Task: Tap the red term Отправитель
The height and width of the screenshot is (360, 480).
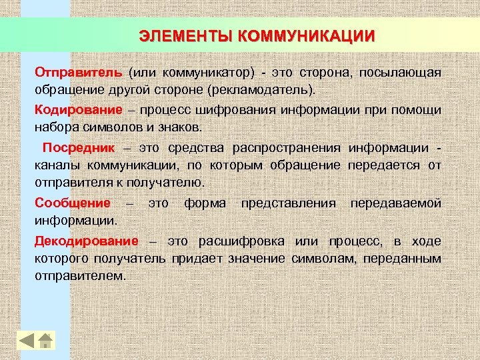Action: point(78,72)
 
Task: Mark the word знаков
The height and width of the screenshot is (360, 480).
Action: point(197,127)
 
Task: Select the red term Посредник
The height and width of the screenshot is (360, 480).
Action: point(79,147)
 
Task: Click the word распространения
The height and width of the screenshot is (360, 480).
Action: point(287,147)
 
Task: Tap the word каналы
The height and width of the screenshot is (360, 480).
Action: point(57,164)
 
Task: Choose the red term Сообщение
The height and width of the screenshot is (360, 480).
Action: point(73,202)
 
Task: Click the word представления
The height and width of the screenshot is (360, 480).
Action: point(289,202)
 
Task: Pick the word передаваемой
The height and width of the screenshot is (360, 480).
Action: point(396,202)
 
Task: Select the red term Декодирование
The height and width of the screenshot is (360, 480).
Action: point(87,240)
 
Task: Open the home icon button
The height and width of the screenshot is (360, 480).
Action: point(46,340)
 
